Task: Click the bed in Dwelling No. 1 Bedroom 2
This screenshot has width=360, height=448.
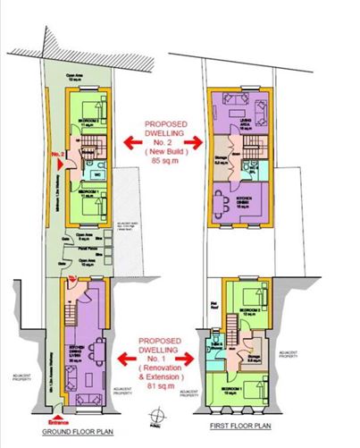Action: (258, 299)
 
